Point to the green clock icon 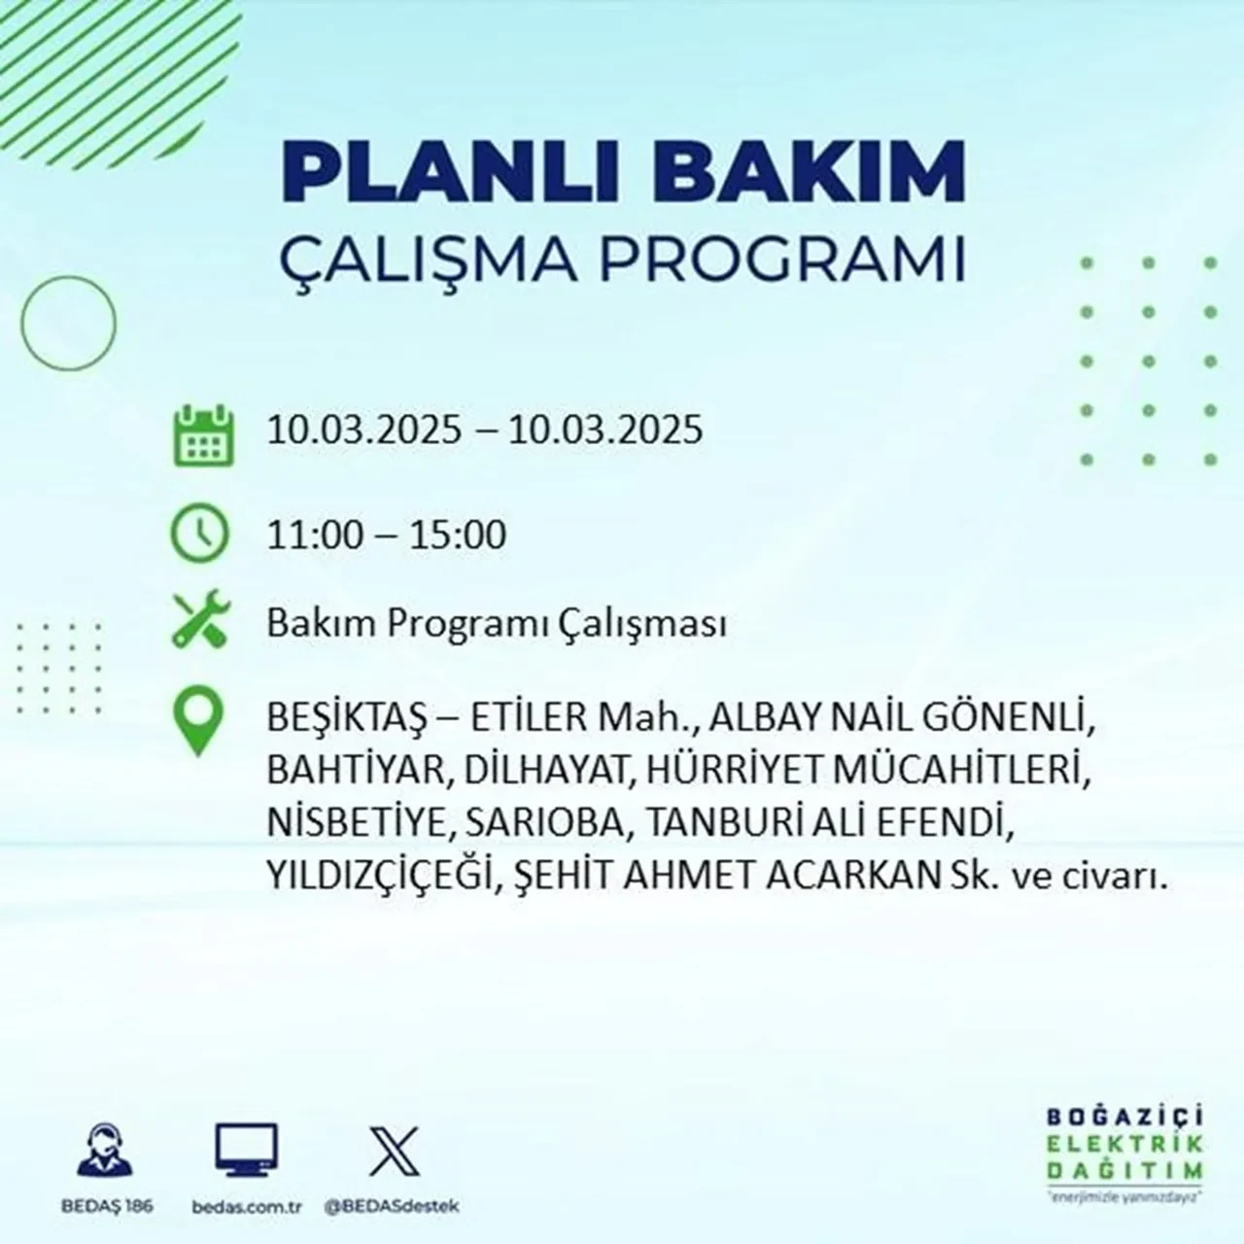point(200,535)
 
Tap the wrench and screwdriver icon point(200,622)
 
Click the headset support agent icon point(106,1150)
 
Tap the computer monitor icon point(246,1151)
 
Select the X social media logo point(395,1151)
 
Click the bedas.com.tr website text point(247,1206)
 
